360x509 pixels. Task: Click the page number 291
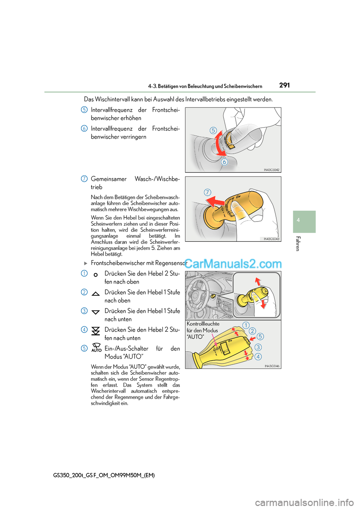(x=284, y=85)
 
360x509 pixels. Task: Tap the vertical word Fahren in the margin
(x=298, y=244)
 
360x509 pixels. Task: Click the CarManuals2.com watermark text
(x=233, y=264)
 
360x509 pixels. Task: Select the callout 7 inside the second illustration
(x=207, y=192)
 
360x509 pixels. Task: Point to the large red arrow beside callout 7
(x=216, y=202)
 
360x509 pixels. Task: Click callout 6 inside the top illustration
(x=224, y=162)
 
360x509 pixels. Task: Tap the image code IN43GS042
(x=271, y=170)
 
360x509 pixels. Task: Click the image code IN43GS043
(x=271, y=239)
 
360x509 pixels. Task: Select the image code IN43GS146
(x=272, y=366)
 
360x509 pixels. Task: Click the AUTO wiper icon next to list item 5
(x=96, y=347)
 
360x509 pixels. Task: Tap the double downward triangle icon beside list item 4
(x=96, y=330)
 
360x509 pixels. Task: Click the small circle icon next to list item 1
(x=96, y=275)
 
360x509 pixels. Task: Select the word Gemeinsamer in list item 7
(x=109, y=179)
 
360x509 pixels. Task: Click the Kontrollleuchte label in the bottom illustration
(x=203, y=324)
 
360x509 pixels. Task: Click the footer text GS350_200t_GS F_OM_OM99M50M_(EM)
(x=104, y=475)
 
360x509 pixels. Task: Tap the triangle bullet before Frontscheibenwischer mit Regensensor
(x=85, y=263)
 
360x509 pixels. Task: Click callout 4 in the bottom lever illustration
(x=258, y=356)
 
